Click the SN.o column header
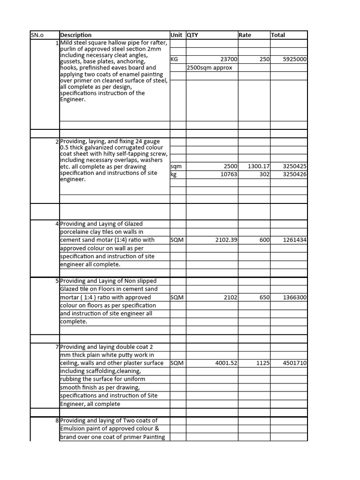[37, 35]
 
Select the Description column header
[76, 35]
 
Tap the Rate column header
[245, 35]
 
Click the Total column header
[278, 35]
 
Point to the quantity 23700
[229, 60]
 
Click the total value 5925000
[295, 60]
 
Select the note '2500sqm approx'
[210, 67]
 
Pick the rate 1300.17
[258, 166]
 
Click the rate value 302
[264, 174]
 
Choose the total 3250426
[295, 174]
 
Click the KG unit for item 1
[175, 60]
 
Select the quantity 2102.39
[226, 240]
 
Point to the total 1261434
[295, 240]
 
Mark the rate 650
[264, 298]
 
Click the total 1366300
[295, 298]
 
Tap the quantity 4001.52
[226, 363]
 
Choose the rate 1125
[262, 363]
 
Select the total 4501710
[295, 363]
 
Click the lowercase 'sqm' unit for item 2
[176, 166]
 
